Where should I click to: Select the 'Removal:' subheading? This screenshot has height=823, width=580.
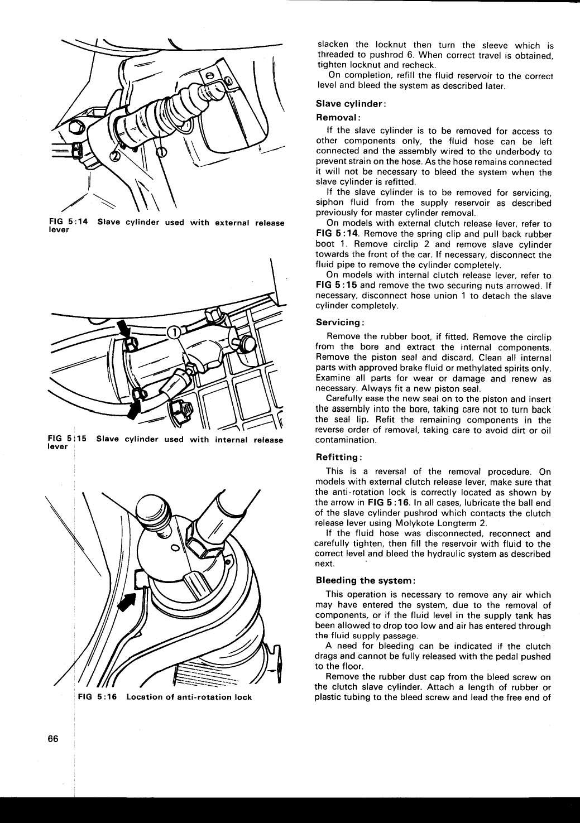coord(338,118)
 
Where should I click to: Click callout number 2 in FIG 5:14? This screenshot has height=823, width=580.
coord(115,156)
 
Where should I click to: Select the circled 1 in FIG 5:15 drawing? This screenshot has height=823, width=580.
coord(174,332)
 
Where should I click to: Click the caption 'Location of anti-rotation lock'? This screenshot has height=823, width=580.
coord(189,697)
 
